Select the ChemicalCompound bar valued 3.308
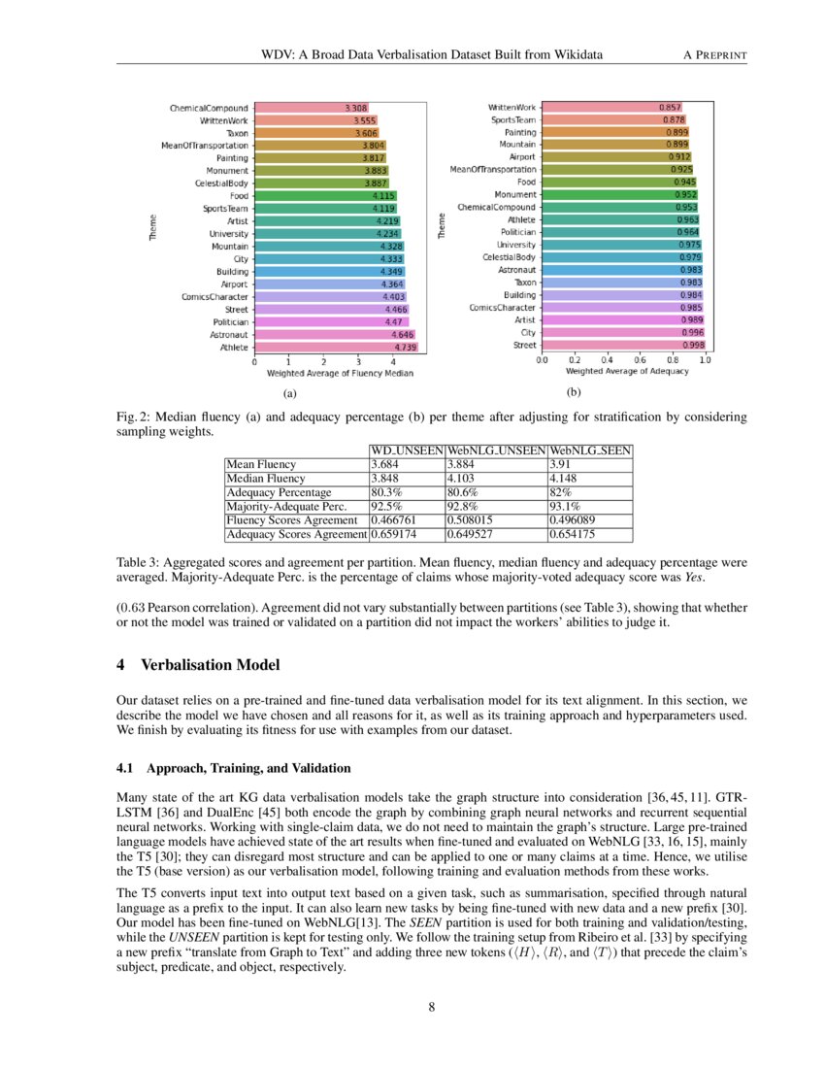point(311,108)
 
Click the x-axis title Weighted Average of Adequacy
point(627,372)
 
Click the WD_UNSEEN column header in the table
point(406,451)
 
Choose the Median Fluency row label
point(265,479)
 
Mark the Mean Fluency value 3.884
point(464,465)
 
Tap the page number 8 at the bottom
point(431,1007)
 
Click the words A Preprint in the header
point(716,55)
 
